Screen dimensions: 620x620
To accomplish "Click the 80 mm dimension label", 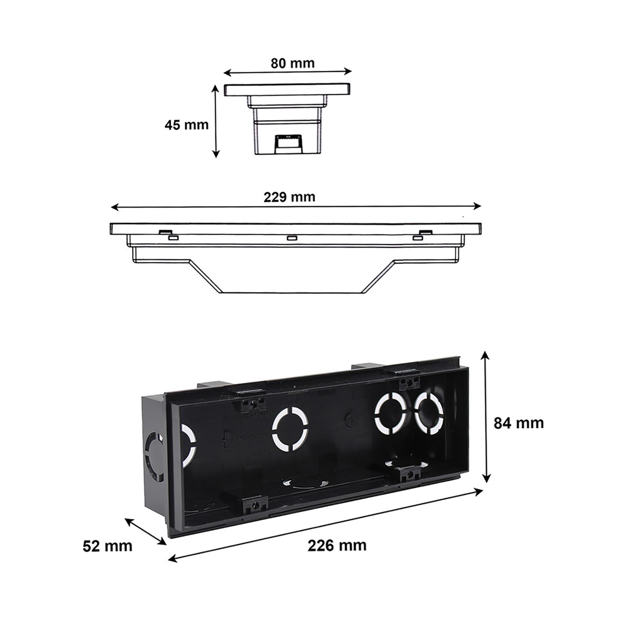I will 292,63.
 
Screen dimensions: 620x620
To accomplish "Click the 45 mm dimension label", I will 186,125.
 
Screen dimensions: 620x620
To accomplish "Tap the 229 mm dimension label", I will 289,197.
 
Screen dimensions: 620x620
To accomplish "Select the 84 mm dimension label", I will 519,423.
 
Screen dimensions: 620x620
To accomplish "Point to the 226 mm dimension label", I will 337,545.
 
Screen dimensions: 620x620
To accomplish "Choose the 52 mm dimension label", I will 107,546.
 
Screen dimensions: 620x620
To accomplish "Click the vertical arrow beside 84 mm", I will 485,417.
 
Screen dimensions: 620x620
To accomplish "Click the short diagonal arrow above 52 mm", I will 146,531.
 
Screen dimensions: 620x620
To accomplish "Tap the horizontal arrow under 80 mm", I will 287,72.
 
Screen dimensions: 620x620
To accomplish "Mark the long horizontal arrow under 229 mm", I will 296,207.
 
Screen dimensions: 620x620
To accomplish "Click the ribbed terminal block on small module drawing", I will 288,143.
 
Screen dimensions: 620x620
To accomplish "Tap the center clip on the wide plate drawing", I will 292,238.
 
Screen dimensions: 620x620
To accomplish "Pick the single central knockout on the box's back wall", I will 290,429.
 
